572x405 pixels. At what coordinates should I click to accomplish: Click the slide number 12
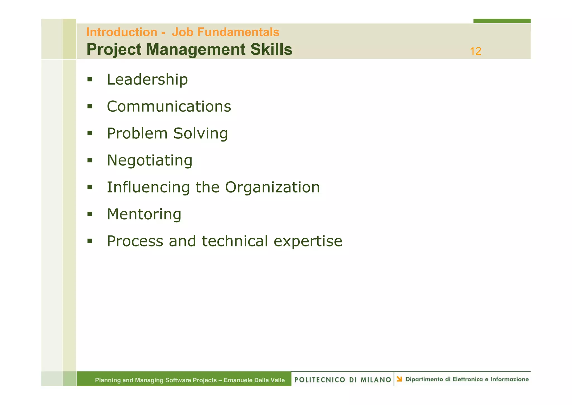[475, 51]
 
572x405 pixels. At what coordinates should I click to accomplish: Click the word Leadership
[147, 80]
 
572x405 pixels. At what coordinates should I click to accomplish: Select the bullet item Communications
[169, 107]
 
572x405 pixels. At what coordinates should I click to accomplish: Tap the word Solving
[200, 133]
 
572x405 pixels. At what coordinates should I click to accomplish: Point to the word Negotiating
[150, 161]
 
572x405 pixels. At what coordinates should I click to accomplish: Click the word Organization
[272, 187]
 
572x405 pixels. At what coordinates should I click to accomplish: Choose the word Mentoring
[144, 214]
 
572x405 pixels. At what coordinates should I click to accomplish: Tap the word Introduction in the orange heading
[122, 32]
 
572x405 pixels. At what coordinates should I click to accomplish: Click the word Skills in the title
[271, 50]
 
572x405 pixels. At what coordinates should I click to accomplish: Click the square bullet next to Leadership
[90, 79]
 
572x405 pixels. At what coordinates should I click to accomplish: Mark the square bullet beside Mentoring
[90, 214]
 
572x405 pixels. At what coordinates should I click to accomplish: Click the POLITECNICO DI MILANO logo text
[342, 380]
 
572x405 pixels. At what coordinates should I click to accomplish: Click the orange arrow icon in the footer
[399, 379]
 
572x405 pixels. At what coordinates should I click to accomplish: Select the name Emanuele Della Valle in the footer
[254, 380]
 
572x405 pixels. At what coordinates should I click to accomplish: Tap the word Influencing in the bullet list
[148, 187]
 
